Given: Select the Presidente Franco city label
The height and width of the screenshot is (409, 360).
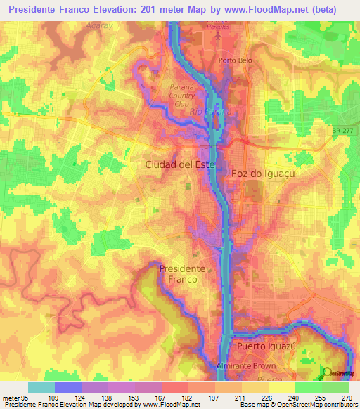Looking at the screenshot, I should (182, 273).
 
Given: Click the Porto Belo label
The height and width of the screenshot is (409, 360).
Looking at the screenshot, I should (236, 60).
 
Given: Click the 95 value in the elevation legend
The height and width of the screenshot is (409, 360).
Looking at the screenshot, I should (26, 397).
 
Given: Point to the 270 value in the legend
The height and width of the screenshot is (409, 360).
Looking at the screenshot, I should (347, 397).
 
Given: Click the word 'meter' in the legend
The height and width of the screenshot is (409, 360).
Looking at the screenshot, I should (11, 397).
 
